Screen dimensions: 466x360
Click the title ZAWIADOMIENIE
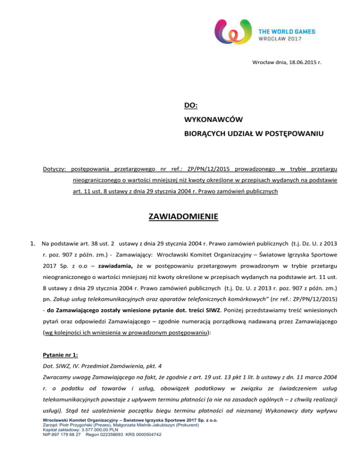tap(180, 217)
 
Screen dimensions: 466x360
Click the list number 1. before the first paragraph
tap(32, 244)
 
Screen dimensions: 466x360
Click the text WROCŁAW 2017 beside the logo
tap(281, 38)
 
